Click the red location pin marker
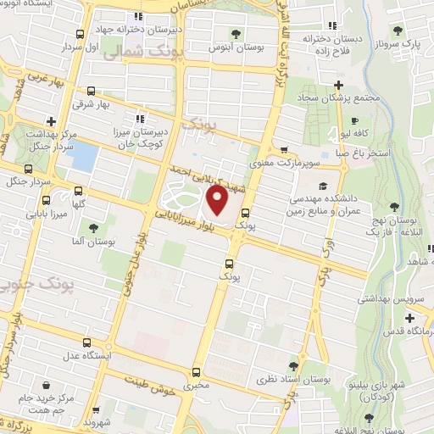[217, 201]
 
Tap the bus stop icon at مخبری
[197, 372]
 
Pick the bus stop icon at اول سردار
[79, 35]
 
